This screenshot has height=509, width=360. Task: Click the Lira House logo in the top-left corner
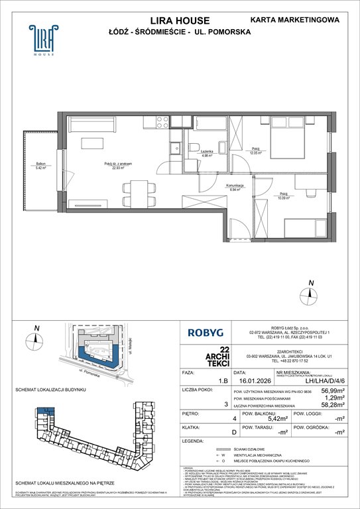tap(41, 41)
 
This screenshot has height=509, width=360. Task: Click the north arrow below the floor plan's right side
tap(309, 293)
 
